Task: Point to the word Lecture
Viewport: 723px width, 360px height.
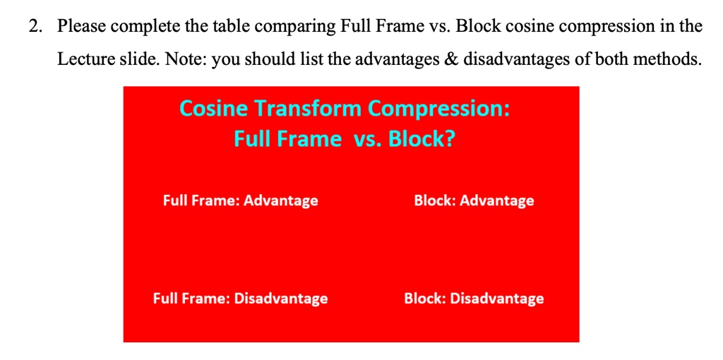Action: point(86,59)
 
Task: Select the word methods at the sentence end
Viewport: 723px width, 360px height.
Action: point(671,59)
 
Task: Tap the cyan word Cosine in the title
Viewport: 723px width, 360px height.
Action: point(213,109)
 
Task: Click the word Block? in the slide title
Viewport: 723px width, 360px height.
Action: point(422,139)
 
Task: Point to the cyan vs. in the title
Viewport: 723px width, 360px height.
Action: point(366,139)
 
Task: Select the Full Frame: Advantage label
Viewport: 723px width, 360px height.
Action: point(240,201)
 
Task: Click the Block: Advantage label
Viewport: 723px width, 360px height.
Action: point(474,201)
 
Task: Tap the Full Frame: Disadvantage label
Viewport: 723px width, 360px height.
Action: point(240,299)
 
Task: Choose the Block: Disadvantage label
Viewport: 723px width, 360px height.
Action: point(474,299)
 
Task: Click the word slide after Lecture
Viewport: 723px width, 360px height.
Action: point(138,59)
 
